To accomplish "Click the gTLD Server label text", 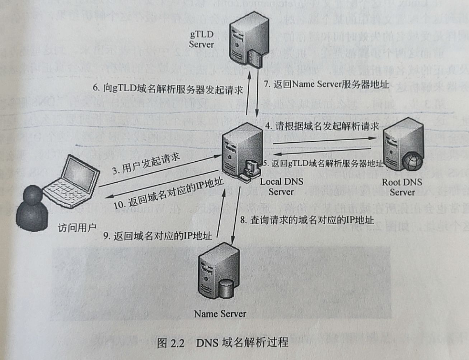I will point(201,39).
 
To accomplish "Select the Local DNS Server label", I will point(281,186).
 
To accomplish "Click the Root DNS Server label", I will point(402,187).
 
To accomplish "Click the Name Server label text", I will point(220,314).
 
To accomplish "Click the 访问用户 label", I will point(77,228).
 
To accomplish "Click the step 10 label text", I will point(169,194).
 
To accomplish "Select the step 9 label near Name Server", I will point(158,236).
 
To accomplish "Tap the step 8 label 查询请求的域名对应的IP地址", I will point(307,220).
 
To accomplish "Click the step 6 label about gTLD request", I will point(168,89).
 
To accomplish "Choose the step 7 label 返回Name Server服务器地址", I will point(326,84).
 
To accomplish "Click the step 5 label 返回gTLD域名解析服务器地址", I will point(323,164).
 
